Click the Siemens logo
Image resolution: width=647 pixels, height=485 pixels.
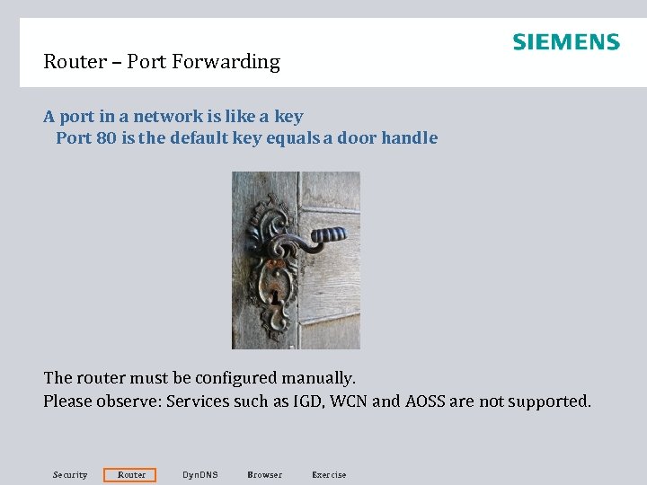tap(565, 42)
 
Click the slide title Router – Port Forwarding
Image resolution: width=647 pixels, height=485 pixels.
tap(162, 62)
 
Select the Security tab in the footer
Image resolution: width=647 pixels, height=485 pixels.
tap(70, 474)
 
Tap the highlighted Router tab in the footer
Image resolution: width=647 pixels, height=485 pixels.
tap(131, 474)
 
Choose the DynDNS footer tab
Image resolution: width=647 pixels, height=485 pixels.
tap(199, 474)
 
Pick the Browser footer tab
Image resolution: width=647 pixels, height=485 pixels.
tap(264, 474)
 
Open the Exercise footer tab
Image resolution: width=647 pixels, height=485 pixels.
tap(328, 474)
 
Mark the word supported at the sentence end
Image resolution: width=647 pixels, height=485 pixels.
tap(549, 401)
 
